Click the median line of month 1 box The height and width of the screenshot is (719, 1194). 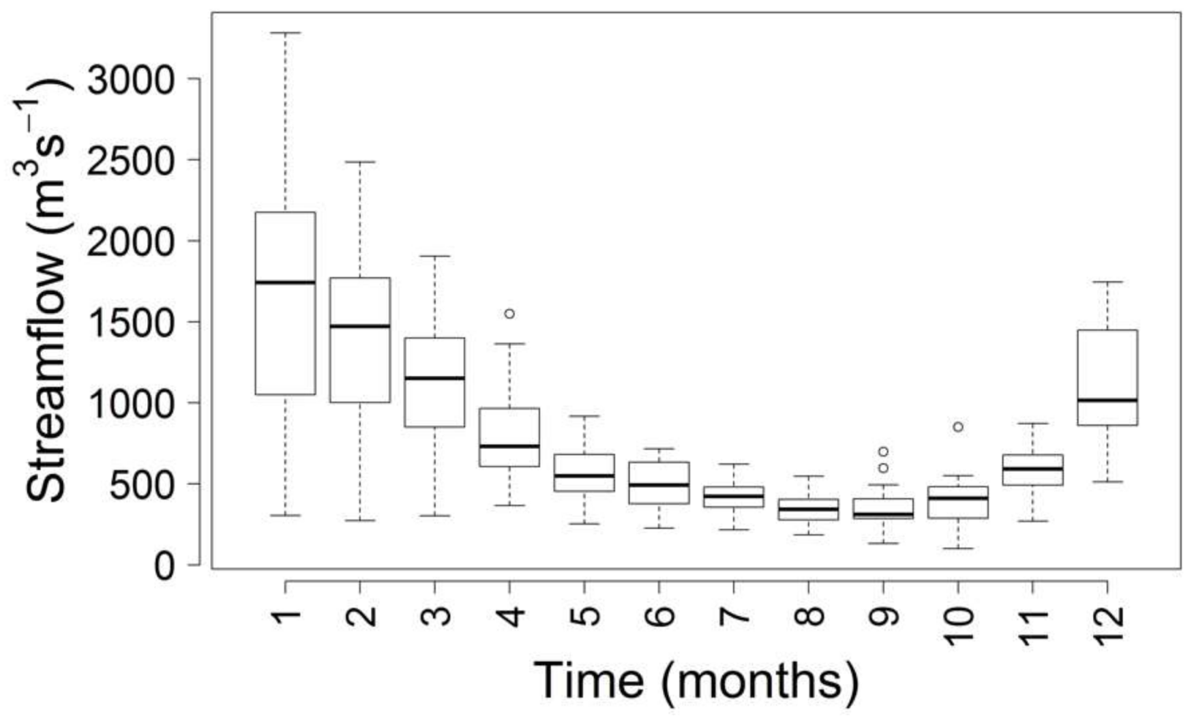(285, 282)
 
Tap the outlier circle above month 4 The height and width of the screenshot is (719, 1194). (509, 314)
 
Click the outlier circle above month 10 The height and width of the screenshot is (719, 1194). (957, 427)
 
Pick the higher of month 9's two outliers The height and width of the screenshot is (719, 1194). (883, 452)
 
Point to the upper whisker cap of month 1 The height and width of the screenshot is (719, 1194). (285, 33)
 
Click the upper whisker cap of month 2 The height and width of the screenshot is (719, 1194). (360, 162)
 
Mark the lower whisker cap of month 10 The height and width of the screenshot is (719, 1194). (957, 548)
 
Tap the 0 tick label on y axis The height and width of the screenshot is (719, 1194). (164, 566)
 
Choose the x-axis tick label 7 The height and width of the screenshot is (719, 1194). (734, 616)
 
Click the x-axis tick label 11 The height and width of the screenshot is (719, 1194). (1033, 624)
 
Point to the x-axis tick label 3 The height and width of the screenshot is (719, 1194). (435, 616)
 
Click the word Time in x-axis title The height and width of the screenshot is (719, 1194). (588, 681)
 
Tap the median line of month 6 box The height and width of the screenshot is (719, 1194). (659, 485)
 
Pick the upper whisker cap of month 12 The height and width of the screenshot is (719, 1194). (1107, 282)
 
